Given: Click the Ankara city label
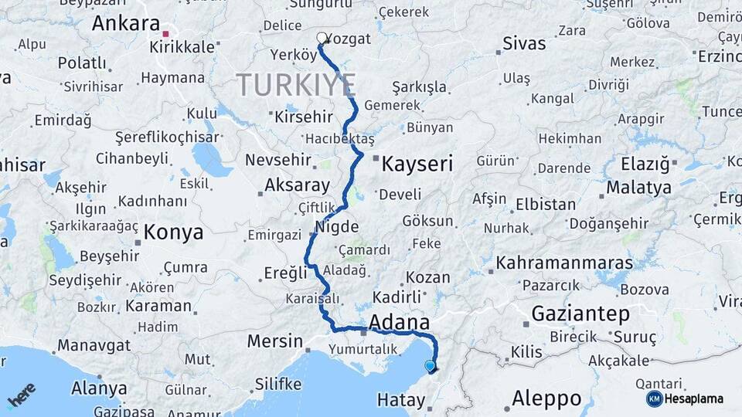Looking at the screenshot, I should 125,23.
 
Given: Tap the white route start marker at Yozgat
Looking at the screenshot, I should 322,37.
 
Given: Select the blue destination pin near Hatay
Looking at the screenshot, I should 430,367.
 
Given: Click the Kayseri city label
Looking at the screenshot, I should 417,163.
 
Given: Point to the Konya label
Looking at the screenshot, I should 174,232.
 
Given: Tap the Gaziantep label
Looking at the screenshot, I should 580,314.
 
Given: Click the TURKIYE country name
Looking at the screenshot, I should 296,84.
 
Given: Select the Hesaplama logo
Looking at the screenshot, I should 686,398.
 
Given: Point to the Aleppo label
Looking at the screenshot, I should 546,399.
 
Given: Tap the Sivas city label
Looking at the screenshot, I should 523,43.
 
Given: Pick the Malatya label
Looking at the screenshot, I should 638,188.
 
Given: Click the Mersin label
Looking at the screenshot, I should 274,341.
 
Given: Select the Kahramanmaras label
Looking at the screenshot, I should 563,263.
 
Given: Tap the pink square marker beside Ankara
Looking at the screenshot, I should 165,34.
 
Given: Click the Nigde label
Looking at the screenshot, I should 337,227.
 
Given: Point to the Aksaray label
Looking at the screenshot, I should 297,185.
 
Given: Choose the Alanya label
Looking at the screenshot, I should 99,388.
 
